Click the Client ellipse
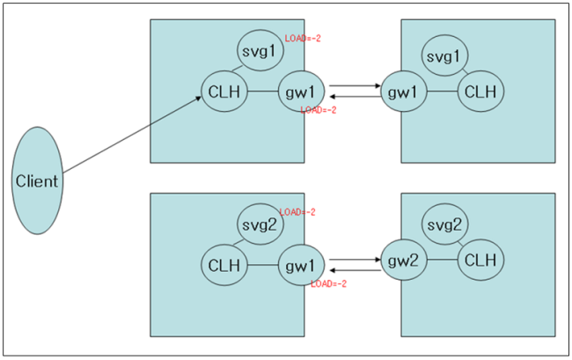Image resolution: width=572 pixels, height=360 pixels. pyautogui.click(x=38, y=181)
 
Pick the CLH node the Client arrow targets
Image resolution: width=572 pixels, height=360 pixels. pyautogui.click(x=223, y=91)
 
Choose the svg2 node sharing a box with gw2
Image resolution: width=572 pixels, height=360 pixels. pyautogui.click(x=444, y=226)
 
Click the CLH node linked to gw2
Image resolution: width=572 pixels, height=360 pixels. pyautogui.click(x=480, y=261)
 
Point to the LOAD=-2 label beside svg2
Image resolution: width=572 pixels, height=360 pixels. pyautogui.click(x=297, y=212)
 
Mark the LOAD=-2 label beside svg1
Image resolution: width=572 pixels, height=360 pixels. pyautogui.click(x=304, y=39)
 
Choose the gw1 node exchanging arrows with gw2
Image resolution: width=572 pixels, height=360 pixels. pyautogui.click(x=300, y=263)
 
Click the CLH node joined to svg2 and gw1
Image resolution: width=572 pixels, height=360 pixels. pyautogui.click(x=223, y=263)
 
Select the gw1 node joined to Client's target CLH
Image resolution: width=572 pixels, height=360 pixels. pyautogui.click(x=300, y=91)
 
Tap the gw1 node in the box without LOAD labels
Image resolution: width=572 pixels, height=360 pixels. pyautogui.click(x=403, y=91)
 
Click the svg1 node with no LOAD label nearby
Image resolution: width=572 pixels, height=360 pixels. pyautogui.click(x=444, y=55)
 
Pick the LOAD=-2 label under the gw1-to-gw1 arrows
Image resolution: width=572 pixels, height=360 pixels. pyautogui.click(x=319, y=110)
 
